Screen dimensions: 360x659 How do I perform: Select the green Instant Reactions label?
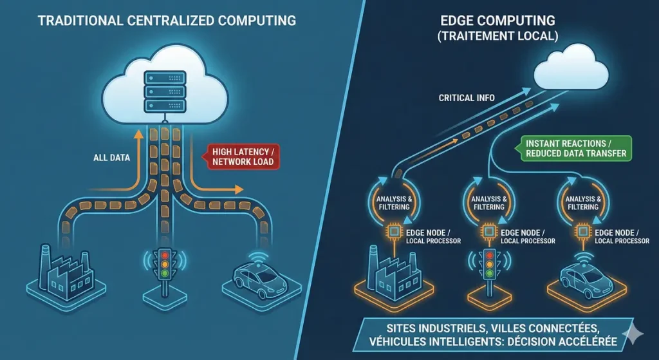(x=575, y=148)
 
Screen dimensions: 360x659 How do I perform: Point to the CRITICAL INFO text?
(x=467, y=98)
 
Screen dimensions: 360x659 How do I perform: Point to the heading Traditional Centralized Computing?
(x=166, y=21)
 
